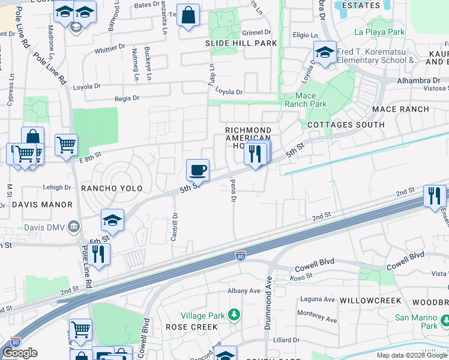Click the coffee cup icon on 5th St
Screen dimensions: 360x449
coord(197,171)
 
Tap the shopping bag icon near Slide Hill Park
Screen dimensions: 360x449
coord(188,16)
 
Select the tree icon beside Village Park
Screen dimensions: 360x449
coord(234,314)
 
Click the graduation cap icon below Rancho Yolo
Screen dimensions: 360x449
coord(112,221)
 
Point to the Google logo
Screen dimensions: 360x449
coord(20,353)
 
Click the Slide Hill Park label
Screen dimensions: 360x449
coord(241,43)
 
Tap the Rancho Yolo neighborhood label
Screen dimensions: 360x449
coord(112,188)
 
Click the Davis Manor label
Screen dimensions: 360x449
coord(36,205)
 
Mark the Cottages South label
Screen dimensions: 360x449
coord(345,125)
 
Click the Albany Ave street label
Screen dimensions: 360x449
coord(244,291)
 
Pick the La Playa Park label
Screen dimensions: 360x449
coord(380,32)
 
